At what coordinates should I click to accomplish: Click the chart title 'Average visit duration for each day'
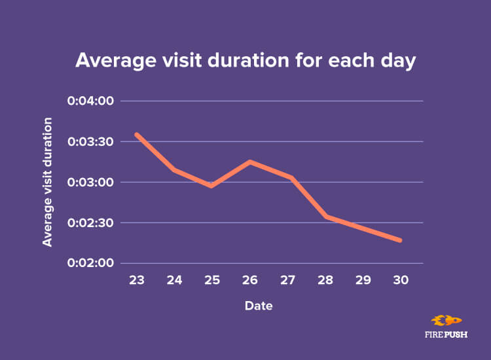coord(245,60)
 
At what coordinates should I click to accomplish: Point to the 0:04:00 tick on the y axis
coord(91,101)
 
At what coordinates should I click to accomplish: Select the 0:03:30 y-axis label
coord(91,141)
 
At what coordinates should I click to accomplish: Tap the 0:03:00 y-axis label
coord(91,182)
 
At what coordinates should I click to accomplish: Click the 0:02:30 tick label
coord(91,223)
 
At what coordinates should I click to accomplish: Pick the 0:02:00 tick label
coord(91,263)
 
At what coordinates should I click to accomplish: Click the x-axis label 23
coord(136,279)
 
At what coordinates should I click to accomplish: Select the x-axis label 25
coord(211,279)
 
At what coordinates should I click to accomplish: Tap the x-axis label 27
coord(287,279)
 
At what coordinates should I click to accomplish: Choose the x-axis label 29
coord(363,279)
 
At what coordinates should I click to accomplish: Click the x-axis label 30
coord(401,279)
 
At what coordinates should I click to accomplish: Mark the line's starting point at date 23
coord(136,134)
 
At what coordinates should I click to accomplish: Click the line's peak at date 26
coord(249,161)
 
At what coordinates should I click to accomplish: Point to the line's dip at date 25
coord(211,186)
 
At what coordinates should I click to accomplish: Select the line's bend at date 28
coord(325,216)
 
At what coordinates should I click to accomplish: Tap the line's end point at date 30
coord(400,240)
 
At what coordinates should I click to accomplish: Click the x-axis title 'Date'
coord(259,306)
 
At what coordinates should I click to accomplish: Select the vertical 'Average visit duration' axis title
coord(48,182)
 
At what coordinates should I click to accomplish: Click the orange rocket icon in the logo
coord(446,321)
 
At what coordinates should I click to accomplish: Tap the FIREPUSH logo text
coord(446,334)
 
